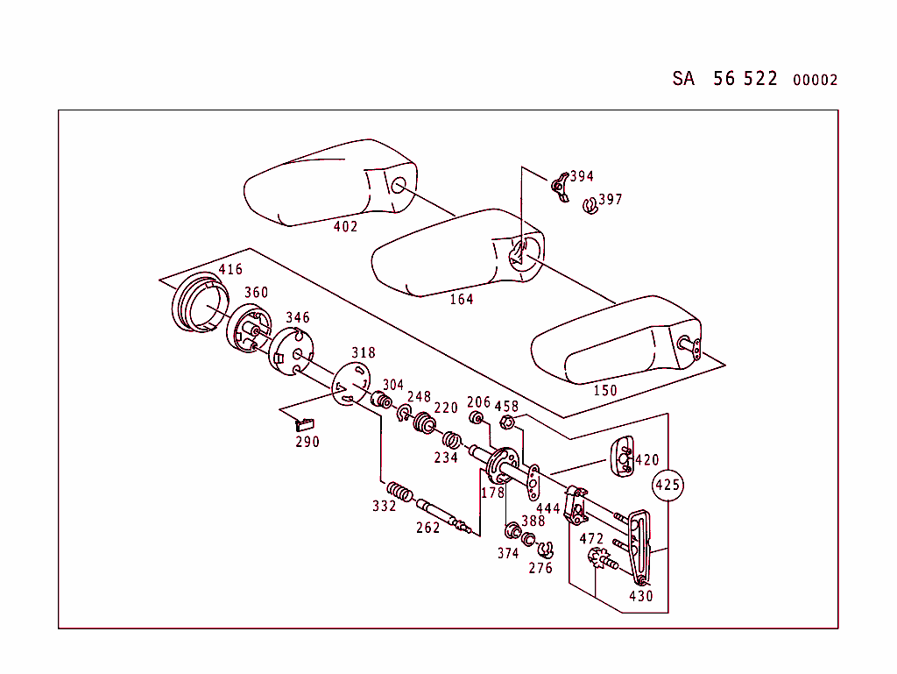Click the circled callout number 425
click(667, 484)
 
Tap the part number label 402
click(346, 226)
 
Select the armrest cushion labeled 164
click(456, 254)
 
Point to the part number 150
click(605, 390)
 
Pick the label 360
click(256, 292)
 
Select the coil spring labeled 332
click(399, 494)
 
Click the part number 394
click(582, 176)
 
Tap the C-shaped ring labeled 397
click(590, 207)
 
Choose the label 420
click(646, 460)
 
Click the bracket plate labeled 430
click(639, 548)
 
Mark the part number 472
click(591, 539)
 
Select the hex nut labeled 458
click(506, 424)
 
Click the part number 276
click(540, 568)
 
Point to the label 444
click(547, 508)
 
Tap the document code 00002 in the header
click(815, 80)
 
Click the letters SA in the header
click(683, 78)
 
